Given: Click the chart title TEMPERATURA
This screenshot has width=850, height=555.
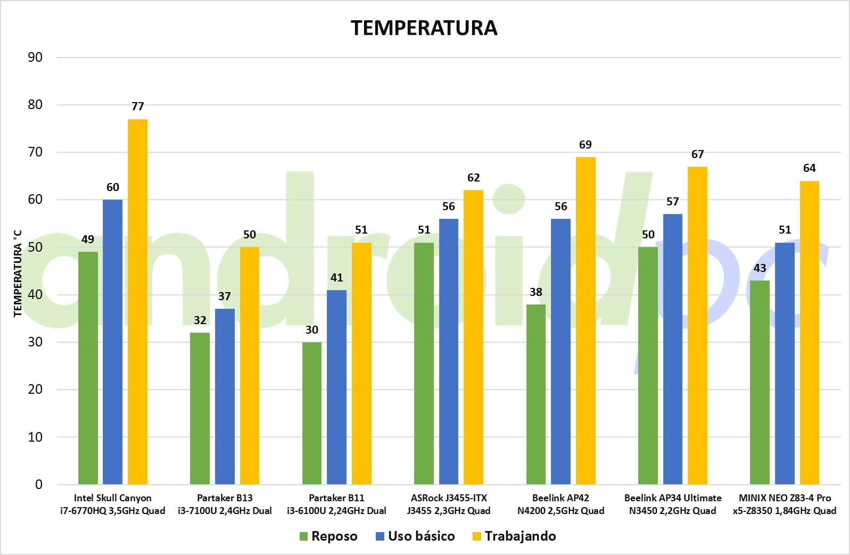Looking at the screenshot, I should coord(424,28).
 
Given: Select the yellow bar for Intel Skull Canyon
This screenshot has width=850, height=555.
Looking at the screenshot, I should coord(137,302).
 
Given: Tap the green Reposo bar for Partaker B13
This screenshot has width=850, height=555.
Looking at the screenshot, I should coord(200,408).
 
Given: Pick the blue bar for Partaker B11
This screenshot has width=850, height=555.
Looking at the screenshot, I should coord(336,387).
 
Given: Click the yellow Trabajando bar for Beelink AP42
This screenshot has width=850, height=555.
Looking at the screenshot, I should coord(585,320).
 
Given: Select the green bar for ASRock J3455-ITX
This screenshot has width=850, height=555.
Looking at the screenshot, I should coord(424,363).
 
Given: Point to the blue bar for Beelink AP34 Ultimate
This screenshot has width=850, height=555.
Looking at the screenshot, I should coord(672,349).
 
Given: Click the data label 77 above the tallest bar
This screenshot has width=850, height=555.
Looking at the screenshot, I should coord(138,106).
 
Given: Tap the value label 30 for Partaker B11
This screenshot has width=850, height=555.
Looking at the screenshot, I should coord(312,330).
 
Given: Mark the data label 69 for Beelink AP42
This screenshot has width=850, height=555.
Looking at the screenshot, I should coord(585,145).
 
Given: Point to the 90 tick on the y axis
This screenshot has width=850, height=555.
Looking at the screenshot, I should coord(35,57).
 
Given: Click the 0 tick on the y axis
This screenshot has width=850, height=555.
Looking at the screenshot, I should coord(39,485).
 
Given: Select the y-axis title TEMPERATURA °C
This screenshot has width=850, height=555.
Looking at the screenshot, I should coord(18,273).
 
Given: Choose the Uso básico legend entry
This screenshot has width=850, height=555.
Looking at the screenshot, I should coord(415,536).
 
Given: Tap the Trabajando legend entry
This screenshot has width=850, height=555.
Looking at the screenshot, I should coord(514,536).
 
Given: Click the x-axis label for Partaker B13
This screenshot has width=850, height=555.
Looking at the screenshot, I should coord(225,504).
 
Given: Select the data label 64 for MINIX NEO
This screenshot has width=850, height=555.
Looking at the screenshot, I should coord(809,168).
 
